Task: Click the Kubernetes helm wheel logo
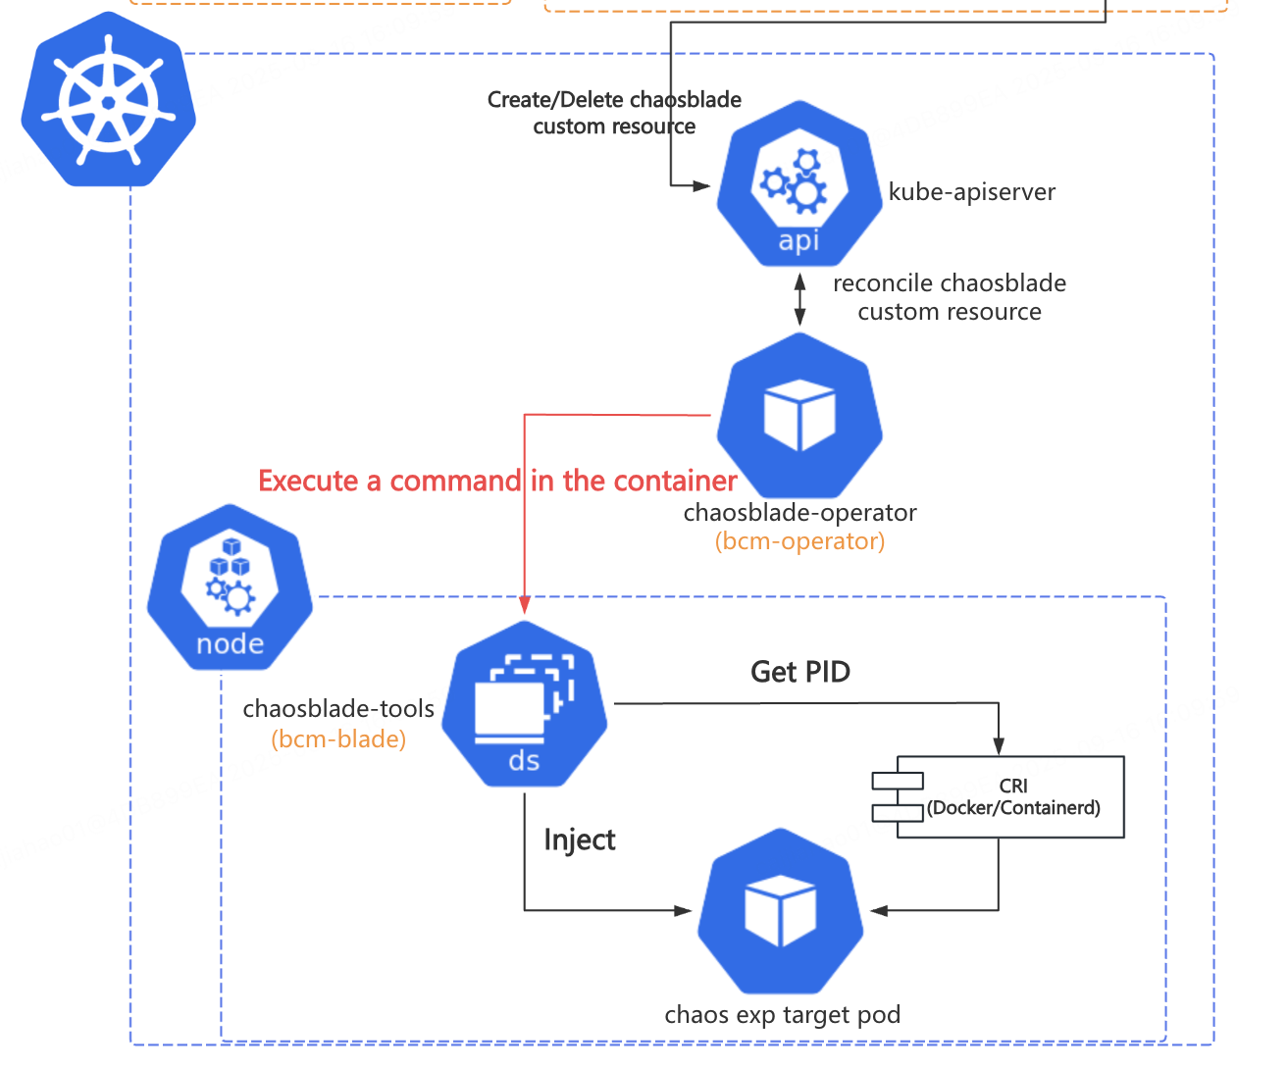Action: (109, 100)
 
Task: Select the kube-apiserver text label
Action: (971, 192)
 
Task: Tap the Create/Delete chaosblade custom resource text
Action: (614, 113)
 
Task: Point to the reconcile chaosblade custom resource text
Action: (949, 297)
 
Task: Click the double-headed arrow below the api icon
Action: (799, 299)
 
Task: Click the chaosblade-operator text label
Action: (799, 513)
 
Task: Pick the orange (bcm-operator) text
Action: (799, 541)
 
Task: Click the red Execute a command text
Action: (497, 482)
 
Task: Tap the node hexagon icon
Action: (230, 587)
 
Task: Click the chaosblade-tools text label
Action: (338, 709)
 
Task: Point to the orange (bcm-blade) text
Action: (338, 738)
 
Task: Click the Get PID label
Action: (800, 672)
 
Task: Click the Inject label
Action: (580, 840)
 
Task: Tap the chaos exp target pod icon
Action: (781, 911)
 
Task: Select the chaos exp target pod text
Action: (782, 1015)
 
